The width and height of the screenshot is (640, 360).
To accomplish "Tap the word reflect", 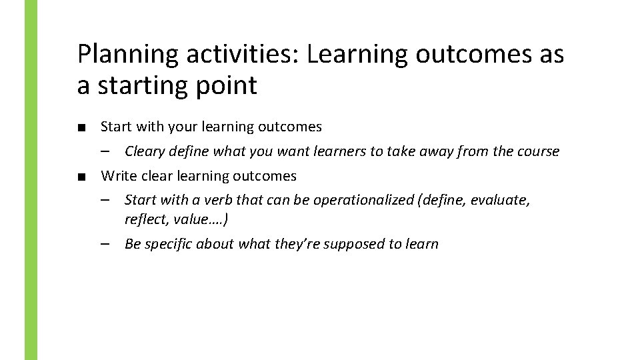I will pos(145,219).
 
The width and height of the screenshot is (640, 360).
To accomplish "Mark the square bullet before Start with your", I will pos(81,127).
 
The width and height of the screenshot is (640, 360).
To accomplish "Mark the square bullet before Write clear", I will pos(81,177).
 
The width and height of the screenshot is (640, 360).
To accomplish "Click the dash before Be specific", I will pos(106,244).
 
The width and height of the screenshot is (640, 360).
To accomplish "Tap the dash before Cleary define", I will pos(106,151).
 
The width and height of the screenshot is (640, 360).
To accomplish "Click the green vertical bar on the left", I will pos(31,180).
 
